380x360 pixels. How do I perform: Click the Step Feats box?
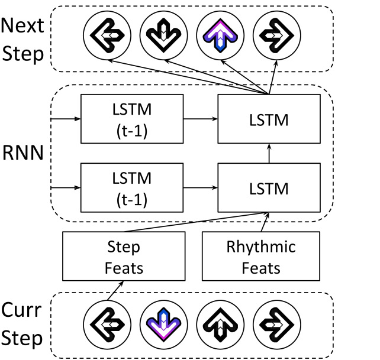click(x=124, y=257)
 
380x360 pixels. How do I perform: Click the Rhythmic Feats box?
click(x=261, y=257)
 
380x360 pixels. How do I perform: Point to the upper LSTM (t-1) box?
click(x=132, y=119)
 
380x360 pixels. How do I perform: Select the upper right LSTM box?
click(x=269, y=119)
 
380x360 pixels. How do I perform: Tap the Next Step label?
click(x=23, y=39)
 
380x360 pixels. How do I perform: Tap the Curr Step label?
click(x=23, y=325)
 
